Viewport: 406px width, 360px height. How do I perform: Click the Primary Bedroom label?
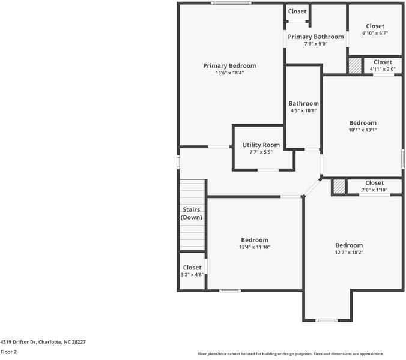tap(229, 65)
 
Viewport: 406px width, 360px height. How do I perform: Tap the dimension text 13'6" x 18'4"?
tap(229, 73)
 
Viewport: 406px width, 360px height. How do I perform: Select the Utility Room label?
tap(261, 145)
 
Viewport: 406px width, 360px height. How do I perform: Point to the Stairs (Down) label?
tap(192, 214)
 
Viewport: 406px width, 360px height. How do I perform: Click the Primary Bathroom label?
tap(316, 37)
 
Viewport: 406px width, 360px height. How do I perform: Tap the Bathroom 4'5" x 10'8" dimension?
tap(303, 110)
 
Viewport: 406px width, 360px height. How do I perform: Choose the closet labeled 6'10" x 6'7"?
tap(375, 34)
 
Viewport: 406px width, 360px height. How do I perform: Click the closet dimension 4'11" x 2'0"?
tap(383, 69)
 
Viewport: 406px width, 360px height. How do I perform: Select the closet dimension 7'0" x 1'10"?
tap(374, 190)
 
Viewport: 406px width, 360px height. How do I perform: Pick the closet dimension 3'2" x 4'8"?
tap(192, 274)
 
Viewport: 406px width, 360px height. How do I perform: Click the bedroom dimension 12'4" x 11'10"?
tap(255, 247)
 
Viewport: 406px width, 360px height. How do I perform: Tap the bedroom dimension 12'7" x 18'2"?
tap(349, 253)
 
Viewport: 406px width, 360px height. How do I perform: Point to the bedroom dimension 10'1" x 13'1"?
tap(363, 130)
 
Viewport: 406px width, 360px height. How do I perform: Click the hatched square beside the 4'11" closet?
tap(355, 65)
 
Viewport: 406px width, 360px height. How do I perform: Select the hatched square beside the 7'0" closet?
tap(339, 187)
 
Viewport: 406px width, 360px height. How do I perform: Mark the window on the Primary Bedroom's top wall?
tap(231, 3)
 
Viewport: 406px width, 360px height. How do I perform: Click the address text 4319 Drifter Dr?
tap(18, 342)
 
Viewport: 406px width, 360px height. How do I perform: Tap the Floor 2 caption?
tap(8, 352)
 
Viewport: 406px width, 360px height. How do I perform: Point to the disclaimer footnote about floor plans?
tap(291, 354)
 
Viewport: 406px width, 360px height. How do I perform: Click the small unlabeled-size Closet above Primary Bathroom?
tap(297, 11)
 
